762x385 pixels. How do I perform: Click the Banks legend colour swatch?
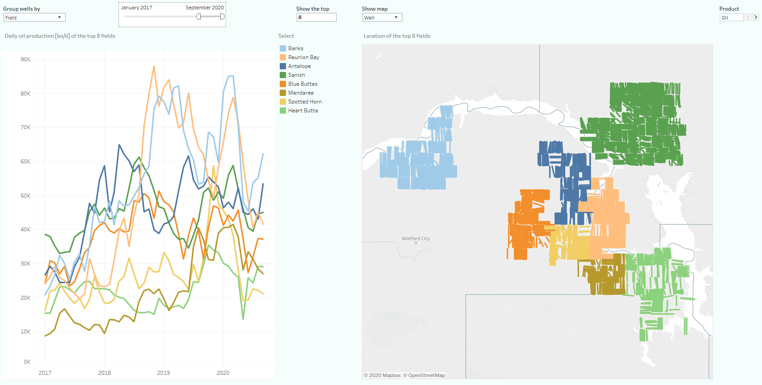[x=282, y=48]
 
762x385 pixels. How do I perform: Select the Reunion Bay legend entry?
[x=303, y=57]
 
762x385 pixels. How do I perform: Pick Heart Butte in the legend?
[x=303, y=111]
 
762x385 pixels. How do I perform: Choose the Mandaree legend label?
[x=301, y=93]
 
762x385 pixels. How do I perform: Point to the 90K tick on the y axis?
[x=25, y=60]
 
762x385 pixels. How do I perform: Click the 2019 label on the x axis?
[x=163, y=373]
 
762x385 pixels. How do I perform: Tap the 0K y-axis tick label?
[x=27, y=362]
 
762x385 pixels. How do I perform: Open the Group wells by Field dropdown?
[x=34, y=18]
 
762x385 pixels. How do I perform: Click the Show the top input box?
[x=316, y=18]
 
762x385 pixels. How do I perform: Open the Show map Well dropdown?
[x=381, y=18]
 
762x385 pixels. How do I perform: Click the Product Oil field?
[x=731, y=18]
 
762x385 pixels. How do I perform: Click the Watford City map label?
[x=416, y=238]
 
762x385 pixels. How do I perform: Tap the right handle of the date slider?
[x=222, y=16]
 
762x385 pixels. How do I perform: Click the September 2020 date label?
[x=204, y=8]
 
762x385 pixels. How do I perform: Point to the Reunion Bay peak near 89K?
[x=154, y=67]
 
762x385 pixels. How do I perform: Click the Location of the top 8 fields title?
[x=397, y=36]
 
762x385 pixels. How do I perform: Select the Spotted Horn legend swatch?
[x=282, y=102]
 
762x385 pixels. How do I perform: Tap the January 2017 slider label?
[x=136, y=8]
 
